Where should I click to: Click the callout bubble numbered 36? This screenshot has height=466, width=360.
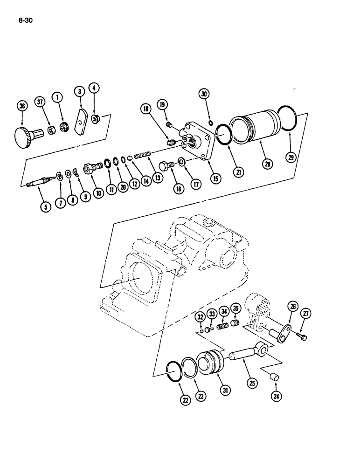[21, 107]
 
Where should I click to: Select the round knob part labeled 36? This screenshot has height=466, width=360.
[23, 137]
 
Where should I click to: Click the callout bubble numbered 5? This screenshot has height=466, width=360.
[45, 208]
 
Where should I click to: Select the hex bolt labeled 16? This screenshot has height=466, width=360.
[166, 165]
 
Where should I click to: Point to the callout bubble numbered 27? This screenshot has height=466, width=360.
[306, 314]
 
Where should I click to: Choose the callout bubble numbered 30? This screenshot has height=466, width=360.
[204, 94]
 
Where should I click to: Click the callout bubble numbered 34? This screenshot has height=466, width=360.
[224, 311]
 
